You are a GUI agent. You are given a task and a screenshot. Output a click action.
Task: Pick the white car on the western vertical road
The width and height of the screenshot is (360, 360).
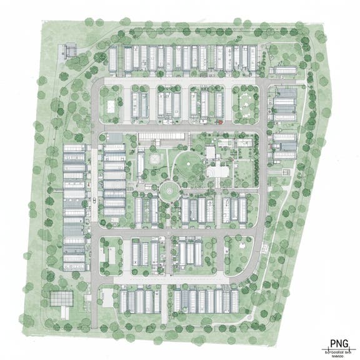(x=94, y=201)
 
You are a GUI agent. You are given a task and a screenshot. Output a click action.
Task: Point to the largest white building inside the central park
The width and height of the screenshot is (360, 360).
(x=218, y=169)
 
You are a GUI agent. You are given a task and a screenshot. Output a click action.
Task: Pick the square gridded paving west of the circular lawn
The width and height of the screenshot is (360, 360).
(x=154, y=161)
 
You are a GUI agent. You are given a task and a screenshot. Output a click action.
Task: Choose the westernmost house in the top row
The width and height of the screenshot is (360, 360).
(x=114, y=59)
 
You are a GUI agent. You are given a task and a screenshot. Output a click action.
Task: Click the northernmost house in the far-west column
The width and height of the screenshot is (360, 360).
(x=74, y=149)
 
